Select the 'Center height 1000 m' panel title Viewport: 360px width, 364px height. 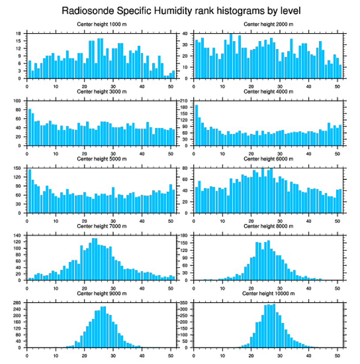pyautogui.click(x=101, y=24)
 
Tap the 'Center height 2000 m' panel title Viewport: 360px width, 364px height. pyautogui.click(x=268, y=24)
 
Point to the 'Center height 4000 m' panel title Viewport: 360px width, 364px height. pyautogui.click(x=268, y=92)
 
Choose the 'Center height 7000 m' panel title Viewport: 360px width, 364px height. pyautogui.click(x=101, y=226)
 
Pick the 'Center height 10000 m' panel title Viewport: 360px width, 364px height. pyautogui.click(x=268, y=293)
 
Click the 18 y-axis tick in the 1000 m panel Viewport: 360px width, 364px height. pyautogui.click(x=19, y=34)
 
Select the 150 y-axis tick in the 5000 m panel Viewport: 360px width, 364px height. pyautogui.click(x=18, y=168)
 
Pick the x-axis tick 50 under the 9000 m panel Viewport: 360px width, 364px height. pyautogui.click(x=170, y=354)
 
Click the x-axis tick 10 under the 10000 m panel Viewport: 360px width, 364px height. pyautogui.click(x=222, y=354)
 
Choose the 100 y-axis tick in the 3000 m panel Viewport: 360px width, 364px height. pyautogui.click(x=18, y=101)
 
